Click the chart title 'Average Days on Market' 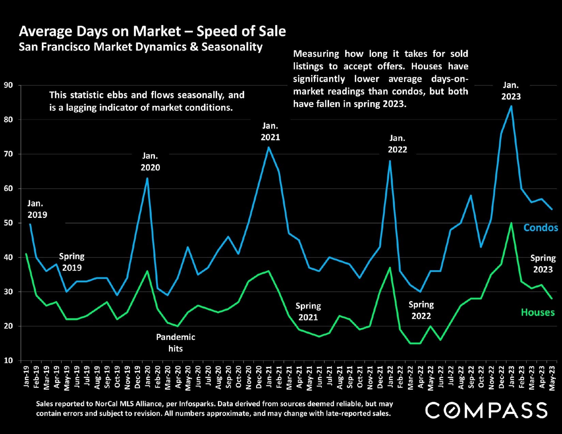tap(152, 31)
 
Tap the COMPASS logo tap(486, 410)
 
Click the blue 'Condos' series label tap(541, 228)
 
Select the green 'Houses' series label tap(538, 312)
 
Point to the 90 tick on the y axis tap(9, 85)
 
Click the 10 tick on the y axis tap(9, 360)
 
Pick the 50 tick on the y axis tap(9, 223)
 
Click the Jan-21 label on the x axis tap(269, 376)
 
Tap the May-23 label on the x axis tap(552, 377)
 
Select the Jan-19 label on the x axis tap(27, 376)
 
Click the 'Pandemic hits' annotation tap(175, 343)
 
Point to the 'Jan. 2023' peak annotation tap(511, 91)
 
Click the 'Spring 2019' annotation tap(72, 262)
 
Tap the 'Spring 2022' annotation tap(421, 310)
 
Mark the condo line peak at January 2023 tap(511, 106)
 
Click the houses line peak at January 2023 tap(511, 223)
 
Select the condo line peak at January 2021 tap(269, 147)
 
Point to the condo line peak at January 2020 tap(147, 178)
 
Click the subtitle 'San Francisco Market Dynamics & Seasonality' tap(141, 47)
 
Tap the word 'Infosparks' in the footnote tap(197, 404)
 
